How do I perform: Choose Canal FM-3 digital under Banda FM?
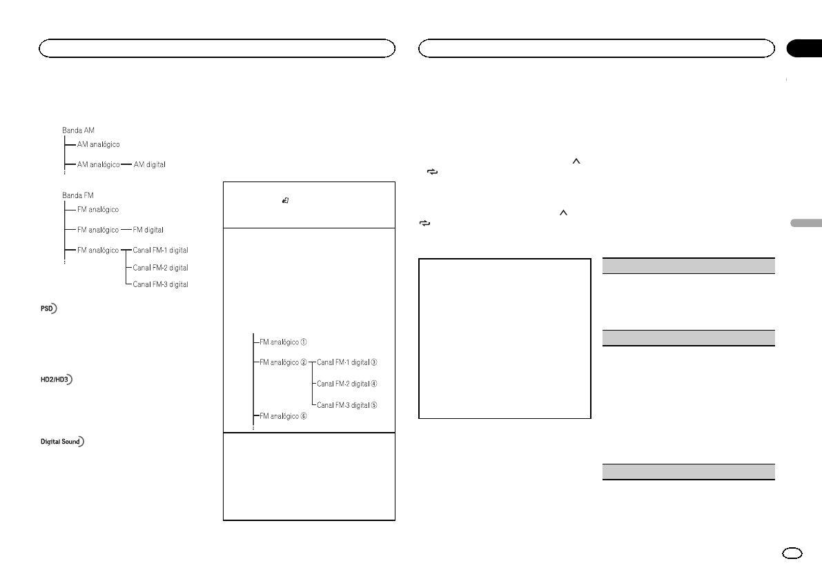[x=161, y=284]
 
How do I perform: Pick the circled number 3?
[x=375, y=362]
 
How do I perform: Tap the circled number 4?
[x=375, y=383]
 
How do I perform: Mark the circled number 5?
[x=375, y=404]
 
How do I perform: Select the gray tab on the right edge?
[x=805, y=224]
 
